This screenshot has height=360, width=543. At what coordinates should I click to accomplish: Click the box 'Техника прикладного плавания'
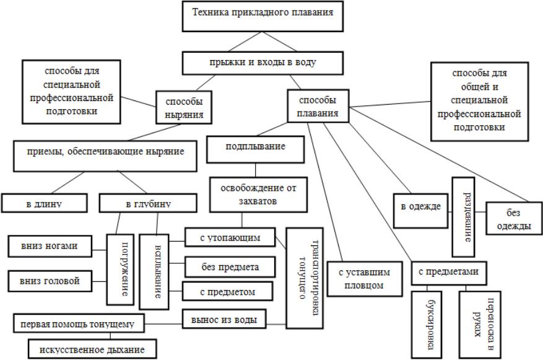click(x=267, y=15)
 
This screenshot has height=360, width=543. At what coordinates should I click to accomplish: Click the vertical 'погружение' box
click(x=121, y=270)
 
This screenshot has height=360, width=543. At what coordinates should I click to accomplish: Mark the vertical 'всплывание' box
click(x=154, y=271)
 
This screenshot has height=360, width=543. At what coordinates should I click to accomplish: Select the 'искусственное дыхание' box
click(x=92, y=349)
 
